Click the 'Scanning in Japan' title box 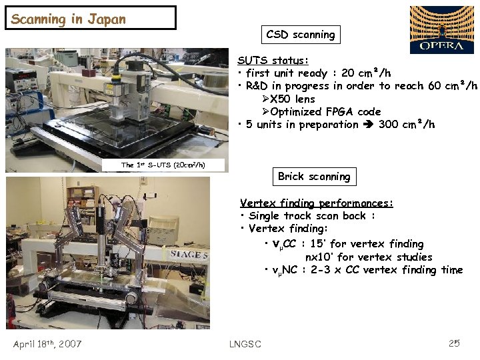click(x=91, y=18)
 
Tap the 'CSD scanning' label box click(x=300, y=34)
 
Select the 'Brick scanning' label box click(x=313, y=177)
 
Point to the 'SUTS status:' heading click(x=273, y=60)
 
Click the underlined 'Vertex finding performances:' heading click(x=317, y=203)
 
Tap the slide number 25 click(x=455, y=343)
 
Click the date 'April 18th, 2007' click(x=47, y=344)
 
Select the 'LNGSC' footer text click(x=245, y=344)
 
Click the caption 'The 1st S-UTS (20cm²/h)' click(x=163, y=165)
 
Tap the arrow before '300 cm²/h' click(x=369, y=125)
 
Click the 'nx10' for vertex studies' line click(x=369, y=257)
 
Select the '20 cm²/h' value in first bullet click(x=366, y=73)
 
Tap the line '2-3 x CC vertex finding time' click(x=387, y=270)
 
